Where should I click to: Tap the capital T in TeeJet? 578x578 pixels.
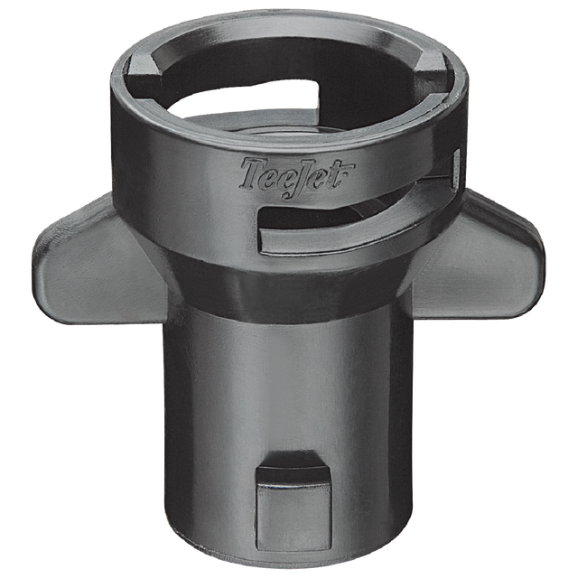pos(252,167)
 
